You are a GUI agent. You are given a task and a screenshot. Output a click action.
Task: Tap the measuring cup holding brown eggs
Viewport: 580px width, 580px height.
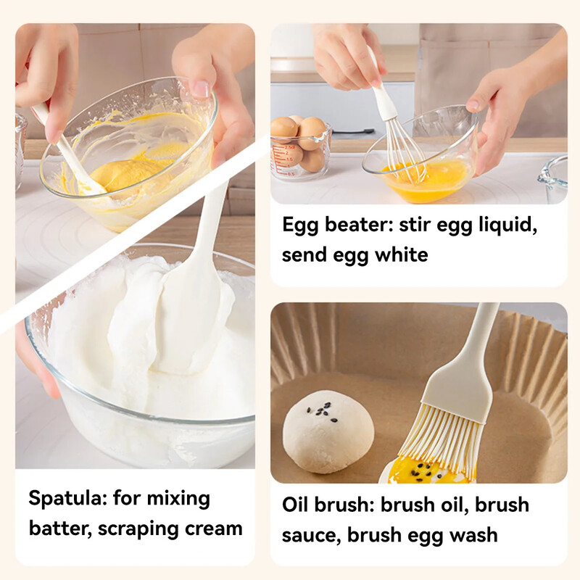(x=300, y=150)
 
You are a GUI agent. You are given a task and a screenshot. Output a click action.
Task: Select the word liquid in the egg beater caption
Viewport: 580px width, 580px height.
(x=508, y=225)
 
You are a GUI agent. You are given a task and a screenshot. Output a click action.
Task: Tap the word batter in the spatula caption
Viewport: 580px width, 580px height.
(x=60, y=529)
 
